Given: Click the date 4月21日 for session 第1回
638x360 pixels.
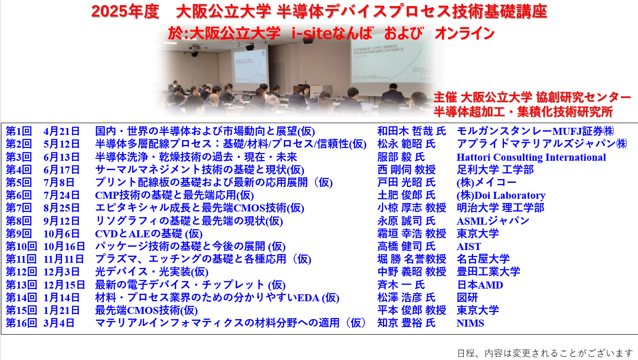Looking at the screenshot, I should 62,132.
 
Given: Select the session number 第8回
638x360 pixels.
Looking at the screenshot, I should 19,221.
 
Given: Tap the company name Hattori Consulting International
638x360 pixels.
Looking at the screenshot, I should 531,157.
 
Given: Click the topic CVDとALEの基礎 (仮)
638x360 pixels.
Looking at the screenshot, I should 148,234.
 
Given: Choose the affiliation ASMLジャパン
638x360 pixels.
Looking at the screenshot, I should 493,221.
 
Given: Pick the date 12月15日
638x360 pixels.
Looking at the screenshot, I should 64,285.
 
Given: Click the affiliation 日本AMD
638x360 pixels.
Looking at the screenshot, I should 480,285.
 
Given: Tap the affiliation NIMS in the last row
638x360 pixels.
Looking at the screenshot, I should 470,323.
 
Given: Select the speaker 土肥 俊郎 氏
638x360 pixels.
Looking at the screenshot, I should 406,196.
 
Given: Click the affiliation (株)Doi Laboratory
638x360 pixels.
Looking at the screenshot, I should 501,196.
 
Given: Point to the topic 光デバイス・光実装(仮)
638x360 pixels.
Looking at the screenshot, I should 152,272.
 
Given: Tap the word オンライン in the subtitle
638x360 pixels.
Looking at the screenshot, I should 465,33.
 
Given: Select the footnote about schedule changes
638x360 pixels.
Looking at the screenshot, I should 545,353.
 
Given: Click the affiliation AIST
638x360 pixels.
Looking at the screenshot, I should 469,247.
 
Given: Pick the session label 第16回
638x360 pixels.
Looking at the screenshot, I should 21,323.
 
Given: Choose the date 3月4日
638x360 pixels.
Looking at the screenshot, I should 59,323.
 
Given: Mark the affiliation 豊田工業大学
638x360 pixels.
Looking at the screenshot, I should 489,272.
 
